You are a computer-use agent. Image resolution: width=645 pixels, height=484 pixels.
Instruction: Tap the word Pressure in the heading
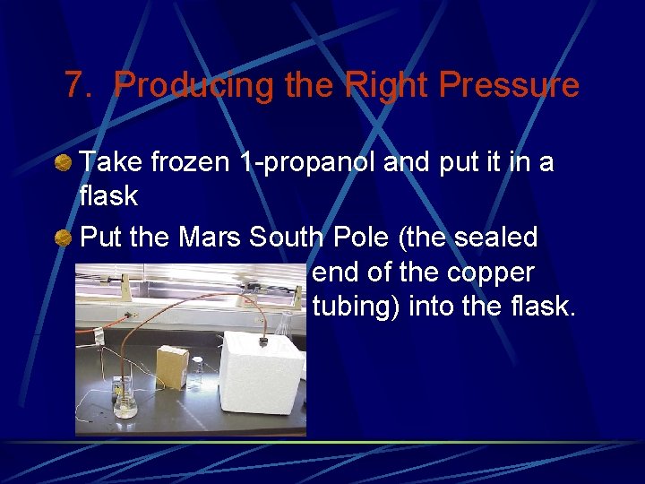point(504,86)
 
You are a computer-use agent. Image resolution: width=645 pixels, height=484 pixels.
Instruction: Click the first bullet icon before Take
point(63,163)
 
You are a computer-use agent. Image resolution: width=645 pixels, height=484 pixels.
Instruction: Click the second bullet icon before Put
point(63,238)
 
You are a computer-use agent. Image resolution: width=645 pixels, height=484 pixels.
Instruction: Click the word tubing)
point(357,307)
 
